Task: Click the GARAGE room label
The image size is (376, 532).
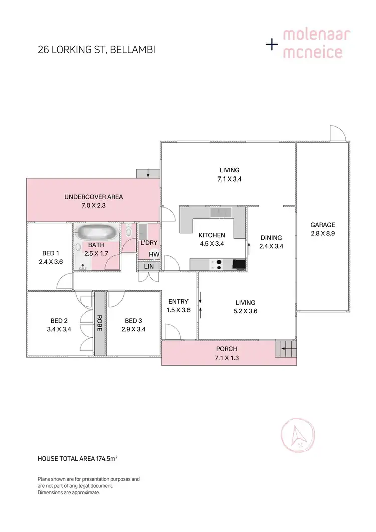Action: [x=322, y=225]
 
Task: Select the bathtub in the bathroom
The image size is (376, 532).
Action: [x=97, y=233]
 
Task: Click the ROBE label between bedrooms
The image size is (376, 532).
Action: [x=100, y=323]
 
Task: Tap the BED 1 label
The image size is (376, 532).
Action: [x=50, y=253]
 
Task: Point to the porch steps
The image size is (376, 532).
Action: [x=285, y=348]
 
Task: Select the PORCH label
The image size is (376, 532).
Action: [x=226, y=349]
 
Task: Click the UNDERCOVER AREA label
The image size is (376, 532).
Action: [x=94, y=197]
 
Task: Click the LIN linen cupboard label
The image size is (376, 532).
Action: [x=149, y=266]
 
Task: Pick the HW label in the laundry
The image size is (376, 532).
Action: [x=154, y=254]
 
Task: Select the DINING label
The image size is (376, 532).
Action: [x=271, y=238]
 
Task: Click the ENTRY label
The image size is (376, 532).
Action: [x=178, y=301]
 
